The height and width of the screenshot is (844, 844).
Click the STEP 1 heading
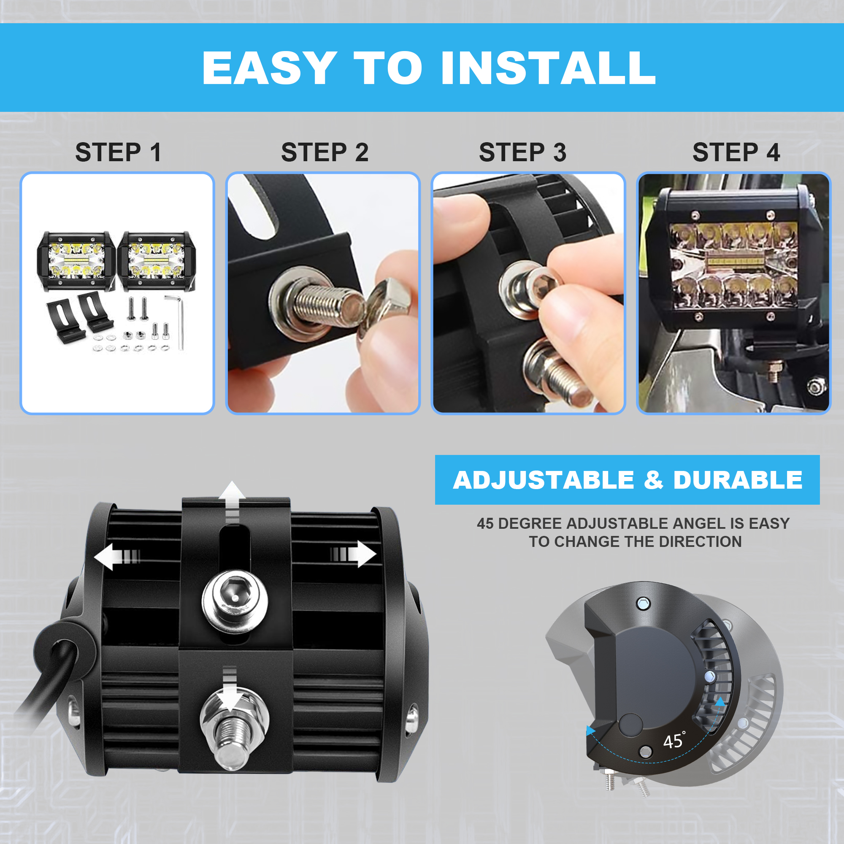click(119, 152)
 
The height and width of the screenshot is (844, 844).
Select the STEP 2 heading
click(325, 152)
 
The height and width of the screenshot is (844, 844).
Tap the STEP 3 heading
click(522, 152)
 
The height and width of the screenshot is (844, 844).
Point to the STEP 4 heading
click(736, 152)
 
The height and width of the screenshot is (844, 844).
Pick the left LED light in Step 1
click(76, 261)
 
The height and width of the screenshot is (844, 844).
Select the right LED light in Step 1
click(157, 261)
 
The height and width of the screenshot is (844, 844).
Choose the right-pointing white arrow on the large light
click(353, 555)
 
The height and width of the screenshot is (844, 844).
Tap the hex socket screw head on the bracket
click(235, 601)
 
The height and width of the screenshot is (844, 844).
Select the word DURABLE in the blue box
click(738, 480)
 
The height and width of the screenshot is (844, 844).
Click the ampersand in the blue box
click(653, 480)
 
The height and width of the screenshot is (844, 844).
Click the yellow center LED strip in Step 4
click(735, 261)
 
